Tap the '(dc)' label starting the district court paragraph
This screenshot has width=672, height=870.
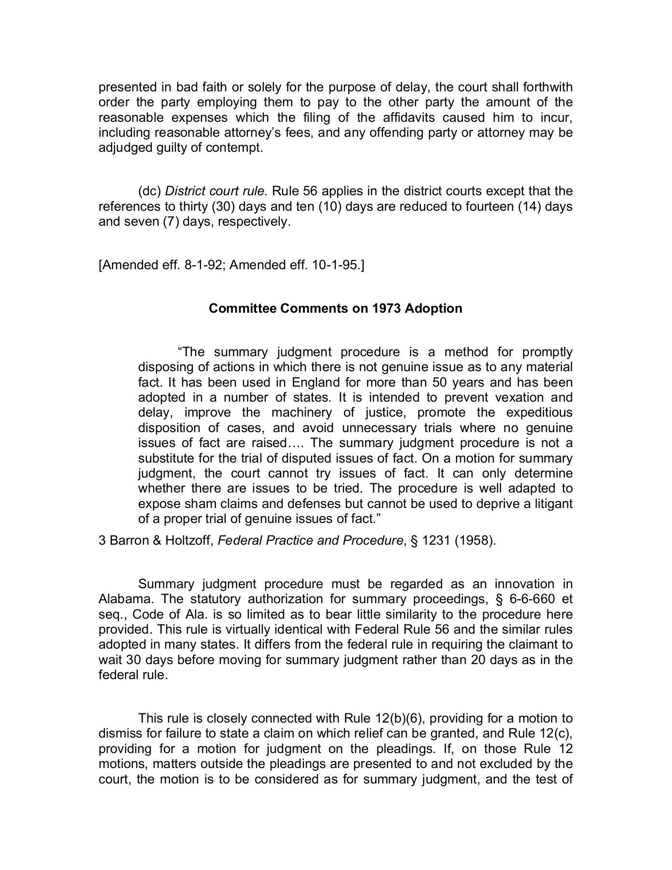click(x=150, y=191)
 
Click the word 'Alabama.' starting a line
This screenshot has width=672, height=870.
click(x=126, y=599)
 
